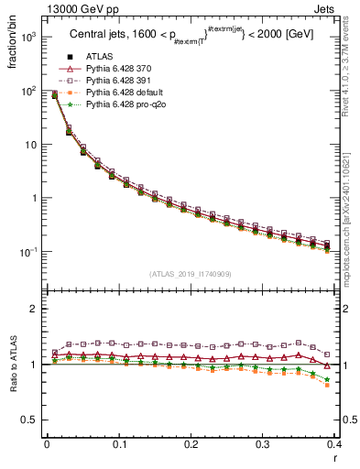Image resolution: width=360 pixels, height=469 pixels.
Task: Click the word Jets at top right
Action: point(339,9)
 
